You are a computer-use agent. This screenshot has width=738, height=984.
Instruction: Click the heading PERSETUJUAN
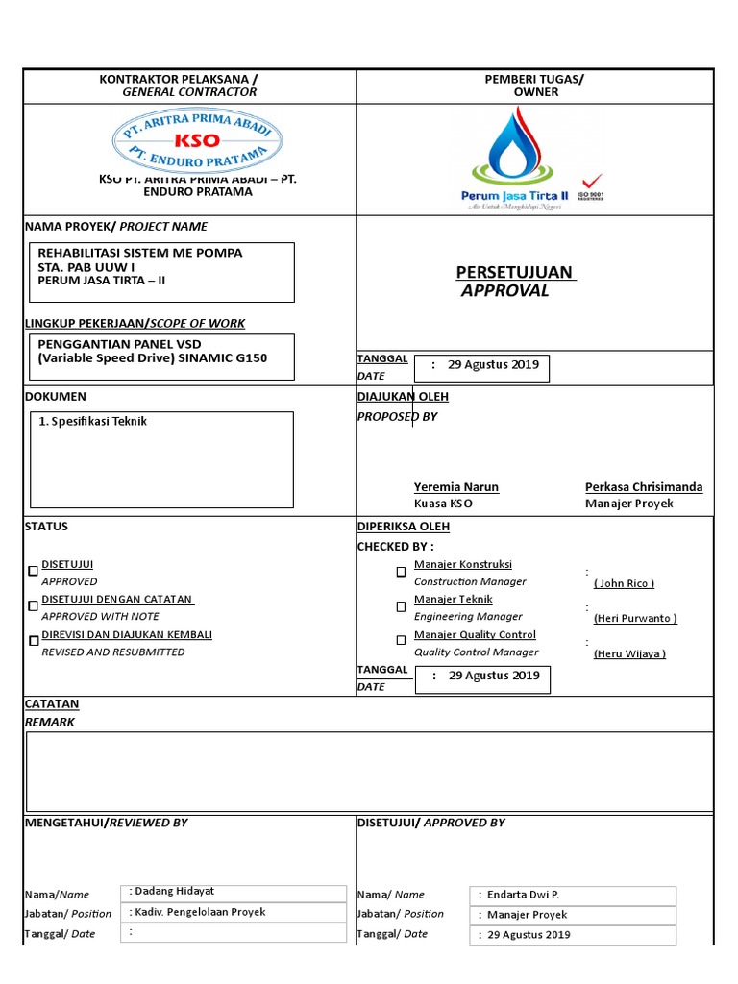pos(514,272)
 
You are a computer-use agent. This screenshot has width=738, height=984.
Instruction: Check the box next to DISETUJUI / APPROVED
pos(33,571)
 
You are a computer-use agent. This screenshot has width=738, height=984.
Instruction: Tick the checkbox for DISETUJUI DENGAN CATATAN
pos(33,606)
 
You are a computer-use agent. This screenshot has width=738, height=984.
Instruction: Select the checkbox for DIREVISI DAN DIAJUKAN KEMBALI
pos(33,641)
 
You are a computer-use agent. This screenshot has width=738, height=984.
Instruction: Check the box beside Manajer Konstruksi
pos(401,572)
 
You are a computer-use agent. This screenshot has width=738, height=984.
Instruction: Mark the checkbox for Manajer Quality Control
pos(401,641)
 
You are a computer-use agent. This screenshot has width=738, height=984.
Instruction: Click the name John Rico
pos(624,583)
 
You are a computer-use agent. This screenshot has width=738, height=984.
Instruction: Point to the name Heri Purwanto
pos(634,618)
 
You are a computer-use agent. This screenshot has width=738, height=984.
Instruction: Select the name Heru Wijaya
pos(629,653)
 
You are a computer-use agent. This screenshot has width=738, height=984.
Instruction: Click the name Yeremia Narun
pos(455,487)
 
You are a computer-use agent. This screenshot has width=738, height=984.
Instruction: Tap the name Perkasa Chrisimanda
pos(643,487)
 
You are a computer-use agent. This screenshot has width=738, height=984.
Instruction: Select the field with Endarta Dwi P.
pos(573,895)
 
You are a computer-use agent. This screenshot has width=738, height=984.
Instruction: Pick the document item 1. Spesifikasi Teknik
pos(93,422)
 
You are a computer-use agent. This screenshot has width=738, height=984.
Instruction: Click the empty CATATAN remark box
pos(369,771)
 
